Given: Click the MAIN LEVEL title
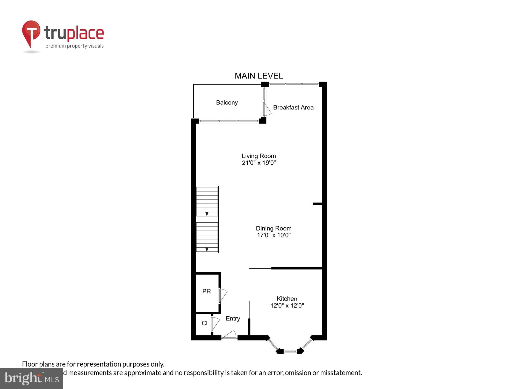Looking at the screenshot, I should click(258, 76).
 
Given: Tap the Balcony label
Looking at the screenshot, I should click(227, 102).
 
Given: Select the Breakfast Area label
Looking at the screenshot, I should click(293, 107).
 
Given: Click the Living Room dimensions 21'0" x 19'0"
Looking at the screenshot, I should click(259, 163).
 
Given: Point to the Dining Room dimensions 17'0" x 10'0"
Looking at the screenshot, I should click(274, 235).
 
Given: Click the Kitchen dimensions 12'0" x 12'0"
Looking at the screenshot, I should click(287, 305).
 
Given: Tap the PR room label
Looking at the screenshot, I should click(206, 291).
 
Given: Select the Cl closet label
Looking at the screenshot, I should click(204, 323).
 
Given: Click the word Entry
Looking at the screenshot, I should click(233, 318).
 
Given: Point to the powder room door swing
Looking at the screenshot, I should click(223, 295).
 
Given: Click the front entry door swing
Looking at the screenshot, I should click(230, 335).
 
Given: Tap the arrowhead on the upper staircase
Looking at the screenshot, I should click(207, 214).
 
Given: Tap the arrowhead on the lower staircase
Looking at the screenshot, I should click(207, 249).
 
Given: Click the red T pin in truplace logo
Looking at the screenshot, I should click(31, 32).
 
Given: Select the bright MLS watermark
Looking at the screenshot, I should click(32, 379).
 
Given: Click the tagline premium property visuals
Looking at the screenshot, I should click(75, 46).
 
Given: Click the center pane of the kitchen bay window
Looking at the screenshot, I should click(290, 351).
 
